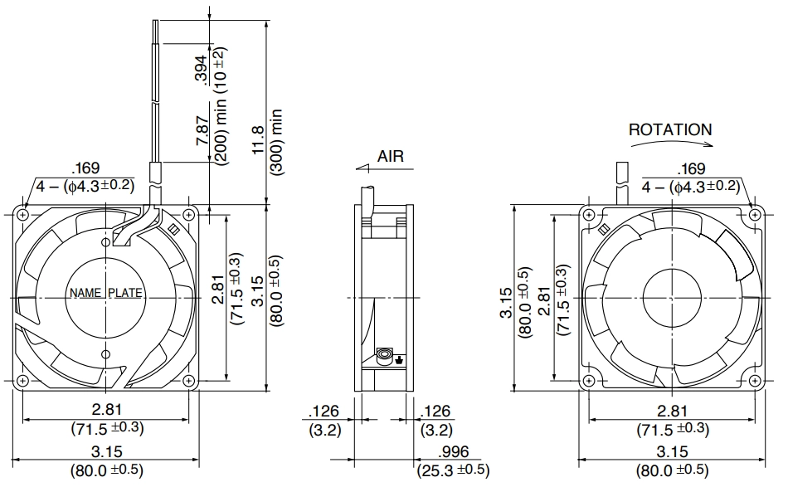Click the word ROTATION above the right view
point(670,129)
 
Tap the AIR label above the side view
point(391,156)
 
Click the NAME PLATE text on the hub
point(105,293)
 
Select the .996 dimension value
point(453,452)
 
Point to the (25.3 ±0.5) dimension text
point(453,470)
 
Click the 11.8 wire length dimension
point(258,140)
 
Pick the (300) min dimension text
point(276,142)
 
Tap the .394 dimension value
point(201,71)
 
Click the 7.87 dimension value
point(202,131)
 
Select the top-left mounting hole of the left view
point(22,215)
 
